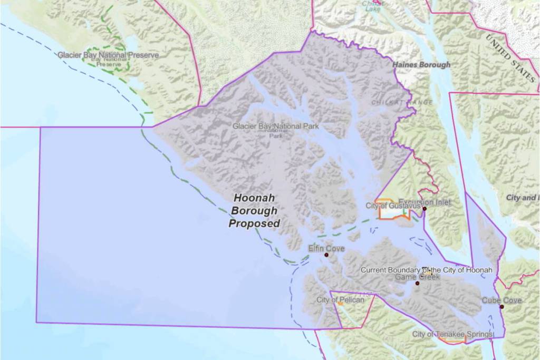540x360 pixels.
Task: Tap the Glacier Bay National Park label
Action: [x=276, y=127]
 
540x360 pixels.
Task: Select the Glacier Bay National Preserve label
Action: [x=108, y=55]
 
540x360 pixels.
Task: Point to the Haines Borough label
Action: [x=421, y=65]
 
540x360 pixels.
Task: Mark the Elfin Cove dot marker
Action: [x=326, y=255]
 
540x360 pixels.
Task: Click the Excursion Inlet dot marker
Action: [x=424, y=209]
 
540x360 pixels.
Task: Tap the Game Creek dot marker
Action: [x=417, y=284]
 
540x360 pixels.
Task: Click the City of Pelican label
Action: [x=340, y=300]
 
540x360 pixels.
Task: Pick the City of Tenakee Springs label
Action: [x=452, y=334]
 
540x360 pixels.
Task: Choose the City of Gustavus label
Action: [x=393, y=206]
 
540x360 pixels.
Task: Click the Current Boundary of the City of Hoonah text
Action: [x=426, y=270]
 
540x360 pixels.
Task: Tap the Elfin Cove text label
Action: [x=327, y=248]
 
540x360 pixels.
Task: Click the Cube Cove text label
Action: [x=502, y=300]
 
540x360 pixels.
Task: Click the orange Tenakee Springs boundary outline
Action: [x=454, y=342]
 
